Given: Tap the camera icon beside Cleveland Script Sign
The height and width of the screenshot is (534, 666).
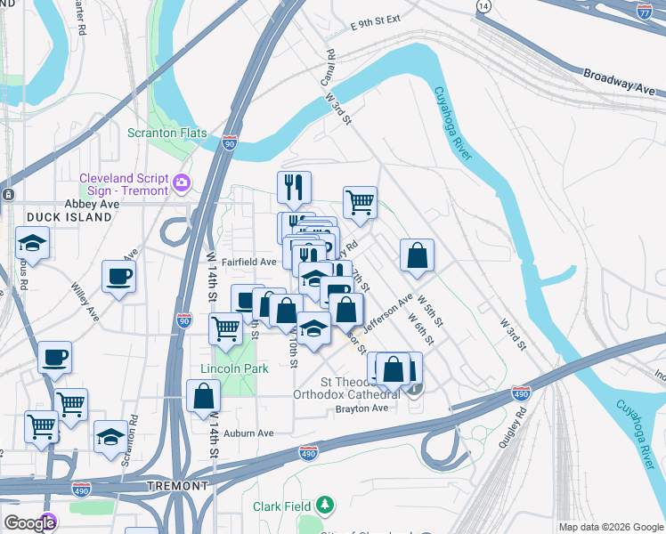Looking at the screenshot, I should pyautogui.click(x=183, y=182).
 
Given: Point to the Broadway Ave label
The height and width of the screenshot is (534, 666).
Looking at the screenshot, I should pyautogui.click(x=620, y=83).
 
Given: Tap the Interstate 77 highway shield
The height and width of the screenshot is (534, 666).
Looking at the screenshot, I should pyautogui.click(x=646, y=12).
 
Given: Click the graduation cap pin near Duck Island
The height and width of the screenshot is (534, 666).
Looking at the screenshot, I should pyautogui.click(x=31, y=243).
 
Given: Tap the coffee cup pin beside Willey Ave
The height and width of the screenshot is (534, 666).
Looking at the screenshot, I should pyautogui.click(x=118, y=275).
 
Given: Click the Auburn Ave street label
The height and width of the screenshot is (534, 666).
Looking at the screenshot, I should pyautogui.click(x=248, y=433).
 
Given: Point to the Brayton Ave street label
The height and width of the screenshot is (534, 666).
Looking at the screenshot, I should pyautogui.click(x=361, y=408).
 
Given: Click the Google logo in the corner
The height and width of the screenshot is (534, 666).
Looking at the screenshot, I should pyautogui.click(x=28, y=523).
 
